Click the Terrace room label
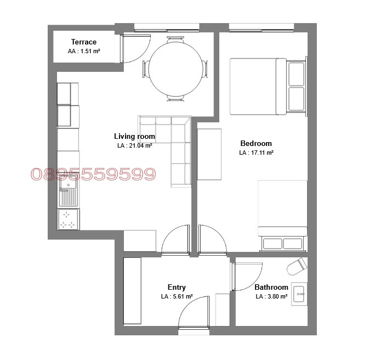coord(84,42)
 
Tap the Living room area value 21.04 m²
coord(135,145)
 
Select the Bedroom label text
coord(256,143)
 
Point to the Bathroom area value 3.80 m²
coord(271,296)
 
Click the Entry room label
coord(177,287)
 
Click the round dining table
coord(175,69)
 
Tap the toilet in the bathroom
coord(297,266)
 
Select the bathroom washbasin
coord(299,294)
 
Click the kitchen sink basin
coord(69,184)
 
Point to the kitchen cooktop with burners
coord(69,220)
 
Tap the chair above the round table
coord(175,40)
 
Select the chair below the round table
coord(175,98)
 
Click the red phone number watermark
coord(94,174)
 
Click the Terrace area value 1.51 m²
coord(84,51)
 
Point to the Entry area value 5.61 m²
coord(177,296)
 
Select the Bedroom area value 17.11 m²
coord(256,153)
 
